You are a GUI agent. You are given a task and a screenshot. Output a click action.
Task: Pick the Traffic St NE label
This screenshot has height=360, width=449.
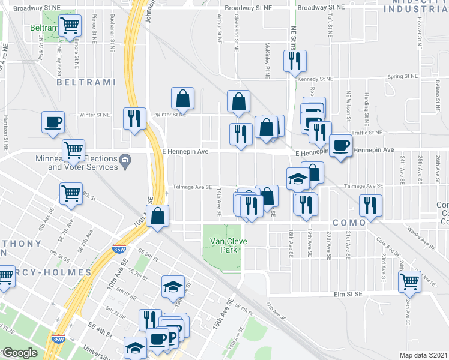367,132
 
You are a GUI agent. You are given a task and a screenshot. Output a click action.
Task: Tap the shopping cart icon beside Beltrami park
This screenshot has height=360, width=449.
71,25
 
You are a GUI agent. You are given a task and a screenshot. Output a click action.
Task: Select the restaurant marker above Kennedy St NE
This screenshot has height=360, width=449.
295,60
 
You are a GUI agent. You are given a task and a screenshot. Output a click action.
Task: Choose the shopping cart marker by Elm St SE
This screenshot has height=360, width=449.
409,280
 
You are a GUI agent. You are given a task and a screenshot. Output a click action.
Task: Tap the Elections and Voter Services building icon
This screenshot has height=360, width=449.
125,160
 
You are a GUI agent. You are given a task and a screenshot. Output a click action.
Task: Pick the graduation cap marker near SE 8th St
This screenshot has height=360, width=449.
173,286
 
